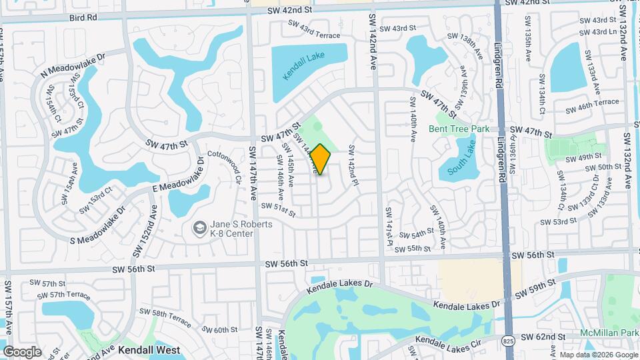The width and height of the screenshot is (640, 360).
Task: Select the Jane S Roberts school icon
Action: tap(199, 229)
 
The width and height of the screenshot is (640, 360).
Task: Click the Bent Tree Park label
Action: tap(459, 129)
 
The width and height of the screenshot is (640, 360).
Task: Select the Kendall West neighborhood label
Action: tap(151, 349)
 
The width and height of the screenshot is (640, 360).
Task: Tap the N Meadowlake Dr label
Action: tap(73, 66)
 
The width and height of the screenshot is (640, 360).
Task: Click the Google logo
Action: tap(22, 351)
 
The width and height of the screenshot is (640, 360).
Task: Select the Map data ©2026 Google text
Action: tap(600, 355)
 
